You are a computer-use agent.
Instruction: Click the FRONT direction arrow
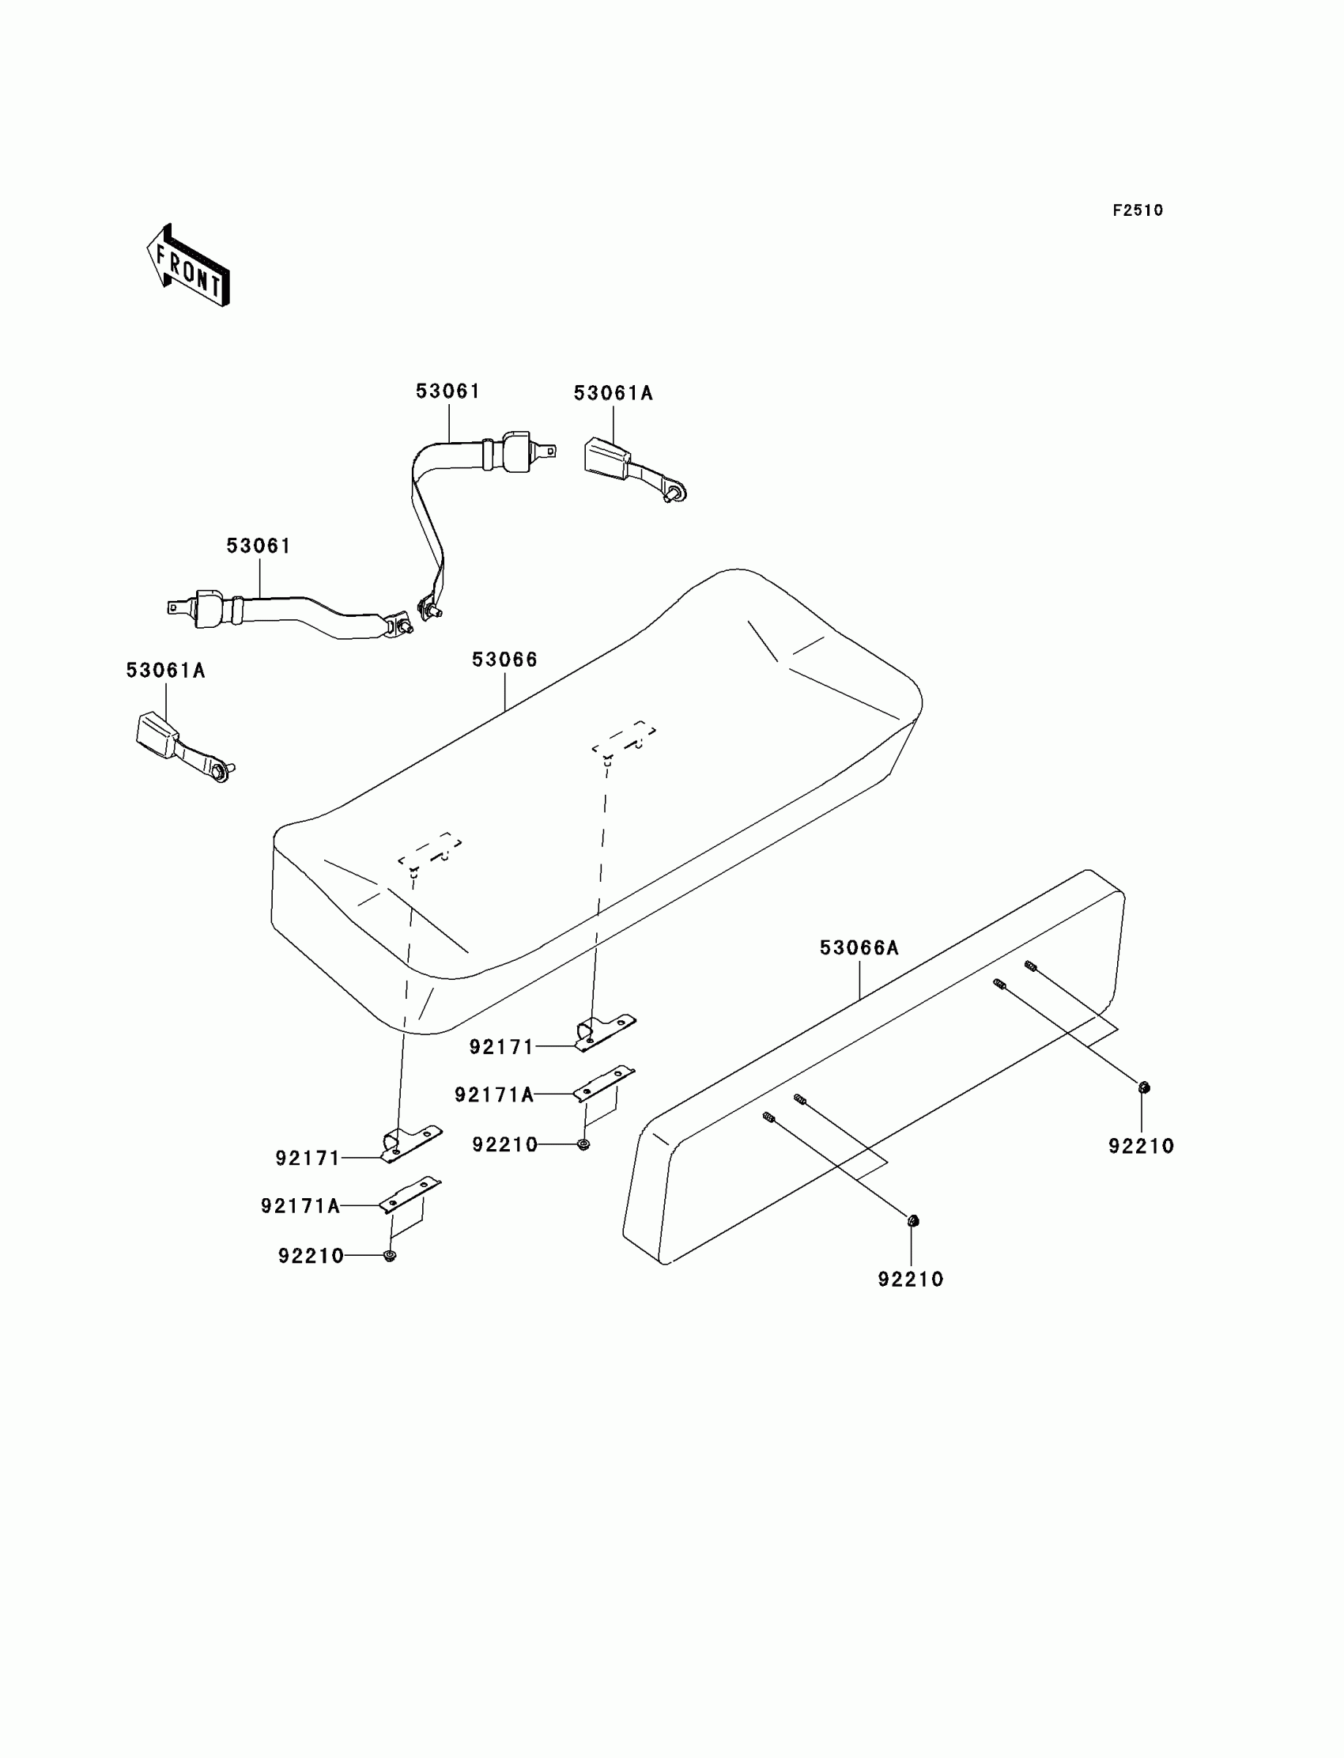(x=189, y=267)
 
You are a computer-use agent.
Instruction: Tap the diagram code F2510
(x=1138, y=210)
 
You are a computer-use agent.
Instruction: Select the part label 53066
(x=505, y=660)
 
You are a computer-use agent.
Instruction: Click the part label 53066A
(x=859, y=948)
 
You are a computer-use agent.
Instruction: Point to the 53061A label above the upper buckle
(x=613, y=393)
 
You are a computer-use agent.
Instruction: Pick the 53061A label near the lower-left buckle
(x=165, y=671)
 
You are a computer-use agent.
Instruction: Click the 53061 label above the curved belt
(x=448, y=391)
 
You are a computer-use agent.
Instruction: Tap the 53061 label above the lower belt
(x=259, y=546)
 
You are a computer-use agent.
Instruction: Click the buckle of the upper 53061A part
(x=606, y=457)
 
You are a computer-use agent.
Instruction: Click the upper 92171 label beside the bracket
(x=501, y=1046)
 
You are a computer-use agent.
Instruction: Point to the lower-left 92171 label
(x=308, y=1158)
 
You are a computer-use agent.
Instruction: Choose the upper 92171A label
(x=494, y=1094)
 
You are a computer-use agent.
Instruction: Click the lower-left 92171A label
(x=300, y=1206)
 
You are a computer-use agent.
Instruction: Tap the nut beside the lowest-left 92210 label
(x=390, y=1255)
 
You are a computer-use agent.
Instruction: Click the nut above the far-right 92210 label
(x=1143, y=1087)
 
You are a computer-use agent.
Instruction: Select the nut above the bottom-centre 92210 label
(x=913, y=1221)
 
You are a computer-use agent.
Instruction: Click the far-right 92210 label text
(x=1141, y=1146)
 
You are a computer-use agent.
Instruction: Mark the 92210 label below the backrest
(x=911, y=1280)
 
